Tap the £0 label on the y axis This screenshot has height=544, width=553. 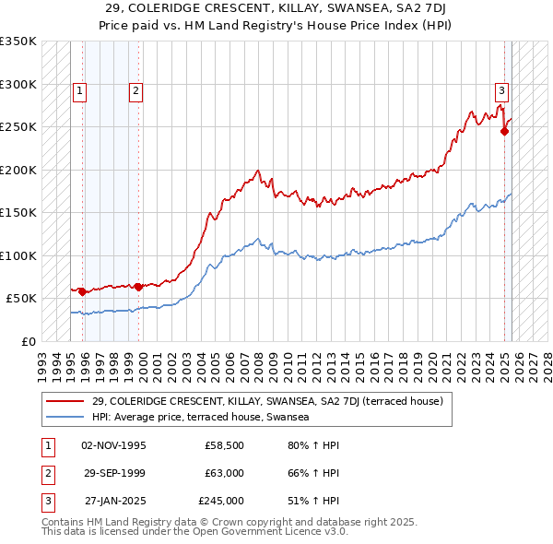tap(28, 341)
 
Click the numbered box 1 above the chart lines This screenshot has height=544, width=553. tap(80, 90)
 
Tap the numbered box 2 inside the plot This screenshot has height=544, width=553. tap(135, 90)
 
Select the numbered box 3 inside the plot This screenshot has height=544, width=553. tap(501, 90)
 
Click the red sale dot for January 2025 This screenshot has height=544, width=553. tap(505, 132)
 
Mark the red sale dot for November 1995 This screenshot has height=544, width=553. tap(82, 291)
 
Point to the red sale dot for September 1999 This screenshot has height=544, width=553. tap(138, 287)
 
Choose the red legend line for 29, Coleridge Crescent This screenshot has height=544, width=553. tap(65, 401)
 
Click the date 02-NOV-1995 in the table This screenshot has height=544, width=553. tap(113, 445)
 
